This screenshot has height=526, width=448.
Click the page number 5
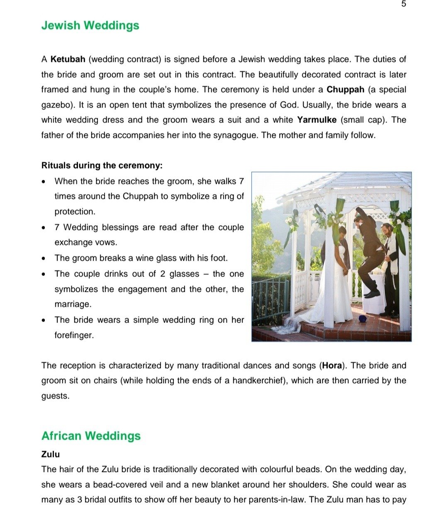point(404,4)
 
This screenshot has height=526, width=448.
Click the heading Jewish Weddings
point(90,25)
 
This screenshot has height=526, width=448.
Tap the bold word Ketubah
point(68,59)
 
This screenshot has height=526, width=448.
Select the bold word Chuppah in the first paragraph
point(345,90)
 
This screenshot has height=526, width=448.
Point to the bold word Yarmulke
point(317,120)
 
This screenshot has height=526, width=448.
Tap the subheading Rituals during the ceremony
point(102,166)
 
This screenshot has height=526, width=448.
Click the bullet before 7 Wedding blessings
point(44,228)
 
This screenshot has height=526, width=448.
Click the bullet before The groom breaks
point(44,259)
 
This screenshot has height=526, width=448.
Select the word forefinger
point(74,335)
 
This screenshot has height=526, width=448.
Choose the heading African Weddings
point(91,436)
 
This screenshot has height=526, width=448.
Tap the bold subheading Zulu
point(51,454)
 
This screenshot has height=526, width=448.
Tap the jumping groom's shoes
point(372,294)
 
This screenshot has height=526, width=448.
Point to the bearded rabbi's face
point(385,230)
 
